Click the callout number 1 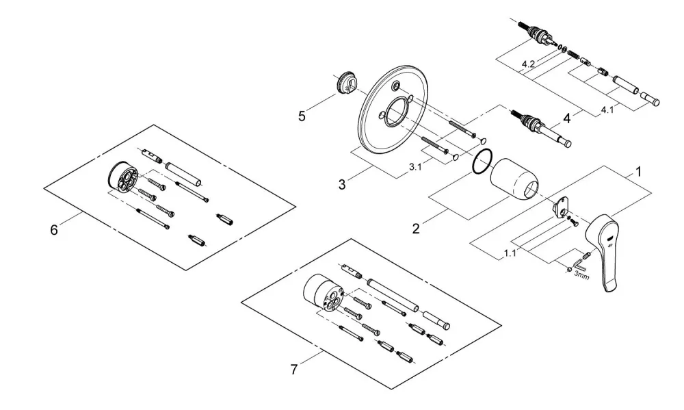pyautogui.click(x=638, y=172)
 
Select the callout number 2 pyautogui.click(x=416, y=229)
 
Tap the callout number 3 pyautogui.click(x=342, y=184)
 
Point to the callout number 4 pyautogui.click(x=566, y=118)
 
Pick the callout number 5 pyautogui.click(x=302, y=116)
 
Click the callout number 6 pyautogui.click(x=53, y=230)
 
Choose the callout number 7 pyautogui.click(x=294, y=370)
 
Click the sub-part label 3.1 pyautogui.click(x=415, y=167)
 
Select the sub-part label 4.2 pyautogui.click(x=528, y=64)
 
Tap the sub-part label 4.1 pyautogui.click(x=607, y=110)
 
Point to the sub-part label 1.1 pyautogui.click(x=510, y=253)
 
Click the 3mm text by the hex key pyautogui.click(x=581, y=276)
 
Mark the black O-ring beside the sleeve pyautogui.click(x=482, y=162)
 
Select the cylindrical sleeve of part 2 pyautogui.click(x=514, y=179)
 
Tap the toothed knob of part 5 pyautogui.click(x=347, y=84)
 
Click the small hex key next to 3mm pyautogui.click(x=579, y=265)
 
